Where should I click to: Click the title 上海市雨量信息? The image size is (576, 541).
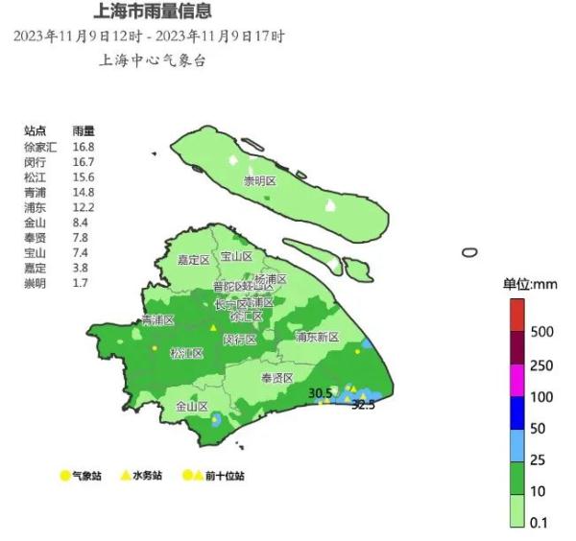click(153, 12)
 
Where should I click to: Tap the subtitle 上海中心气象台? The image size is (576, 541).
click(153, 60)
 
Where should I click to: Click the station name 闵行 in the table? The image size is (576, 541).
click(36, 161)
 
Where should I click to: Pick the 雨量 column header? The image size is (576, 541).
click(83, 131)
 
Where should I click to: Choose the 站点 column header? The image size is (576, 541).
click(36, 131)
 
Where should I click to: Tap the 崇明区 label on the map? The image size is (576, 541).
click(259, 181)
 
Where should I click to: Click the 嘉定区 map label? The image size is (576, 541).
click(194, 260)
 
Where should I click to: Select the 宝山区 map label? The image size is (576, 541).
click(236, 257)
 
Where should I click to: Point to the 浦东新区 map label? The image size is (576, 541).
click(318, 338)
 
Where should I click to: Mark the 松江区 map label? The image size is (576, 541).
click(186, 353)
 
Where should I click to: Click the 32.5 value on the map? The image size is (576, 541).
click(363, 406)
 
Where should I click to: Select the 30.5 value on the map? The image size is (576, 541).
click(320, 393)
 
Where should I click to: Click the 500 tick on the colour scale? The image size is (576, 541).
click(541, 332)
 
